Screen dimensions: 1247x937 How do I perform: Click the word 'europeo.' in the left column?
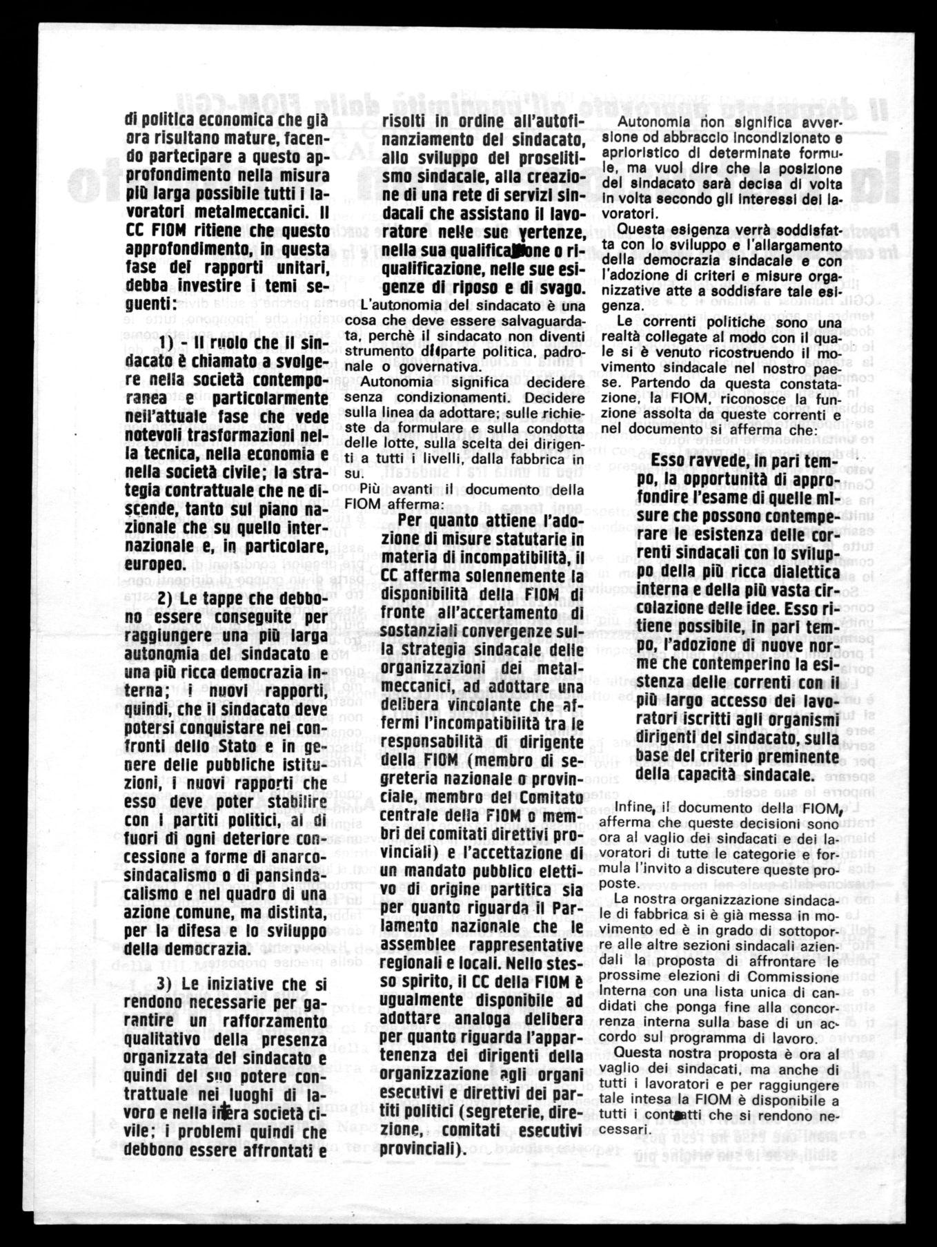[155, 565]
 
